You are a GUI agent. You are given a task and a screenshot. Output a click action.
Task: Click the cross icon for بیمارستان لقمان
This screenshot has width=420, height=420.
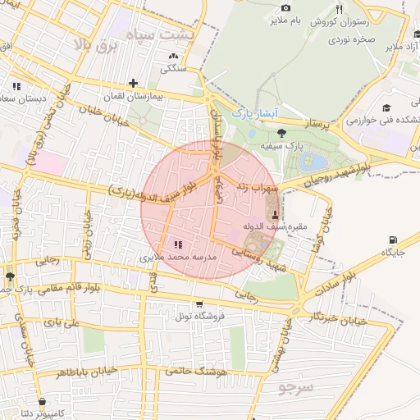[133, 83]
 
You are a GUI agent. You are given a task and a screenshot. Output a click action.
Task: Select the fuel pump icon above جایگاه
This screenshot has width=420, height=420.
[390, 240]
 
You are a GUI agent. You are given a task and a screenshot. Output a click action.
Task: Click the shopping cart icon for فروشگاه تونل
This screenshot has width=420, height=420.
[199, 304]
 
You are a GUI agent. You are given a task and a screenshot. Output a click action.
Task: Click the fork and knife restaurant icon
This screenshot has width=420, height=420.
[338, 9]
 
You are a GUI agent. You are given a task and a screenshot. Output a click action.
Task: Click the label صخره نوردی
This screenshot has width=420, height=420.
[353, 39]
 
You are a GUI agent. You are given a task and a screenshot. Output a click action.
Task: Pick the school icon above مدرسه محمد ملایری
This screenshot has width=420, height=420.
[178, 244]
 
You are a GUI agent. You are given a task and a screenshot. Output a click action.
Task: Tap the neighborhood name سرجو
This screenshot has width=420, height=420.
[296, 385]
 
